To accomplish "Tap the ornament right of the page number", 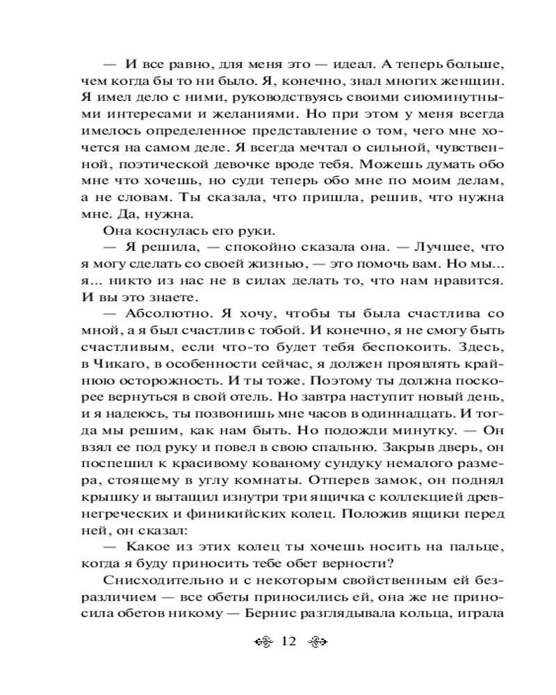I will (x=318, y=641).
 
